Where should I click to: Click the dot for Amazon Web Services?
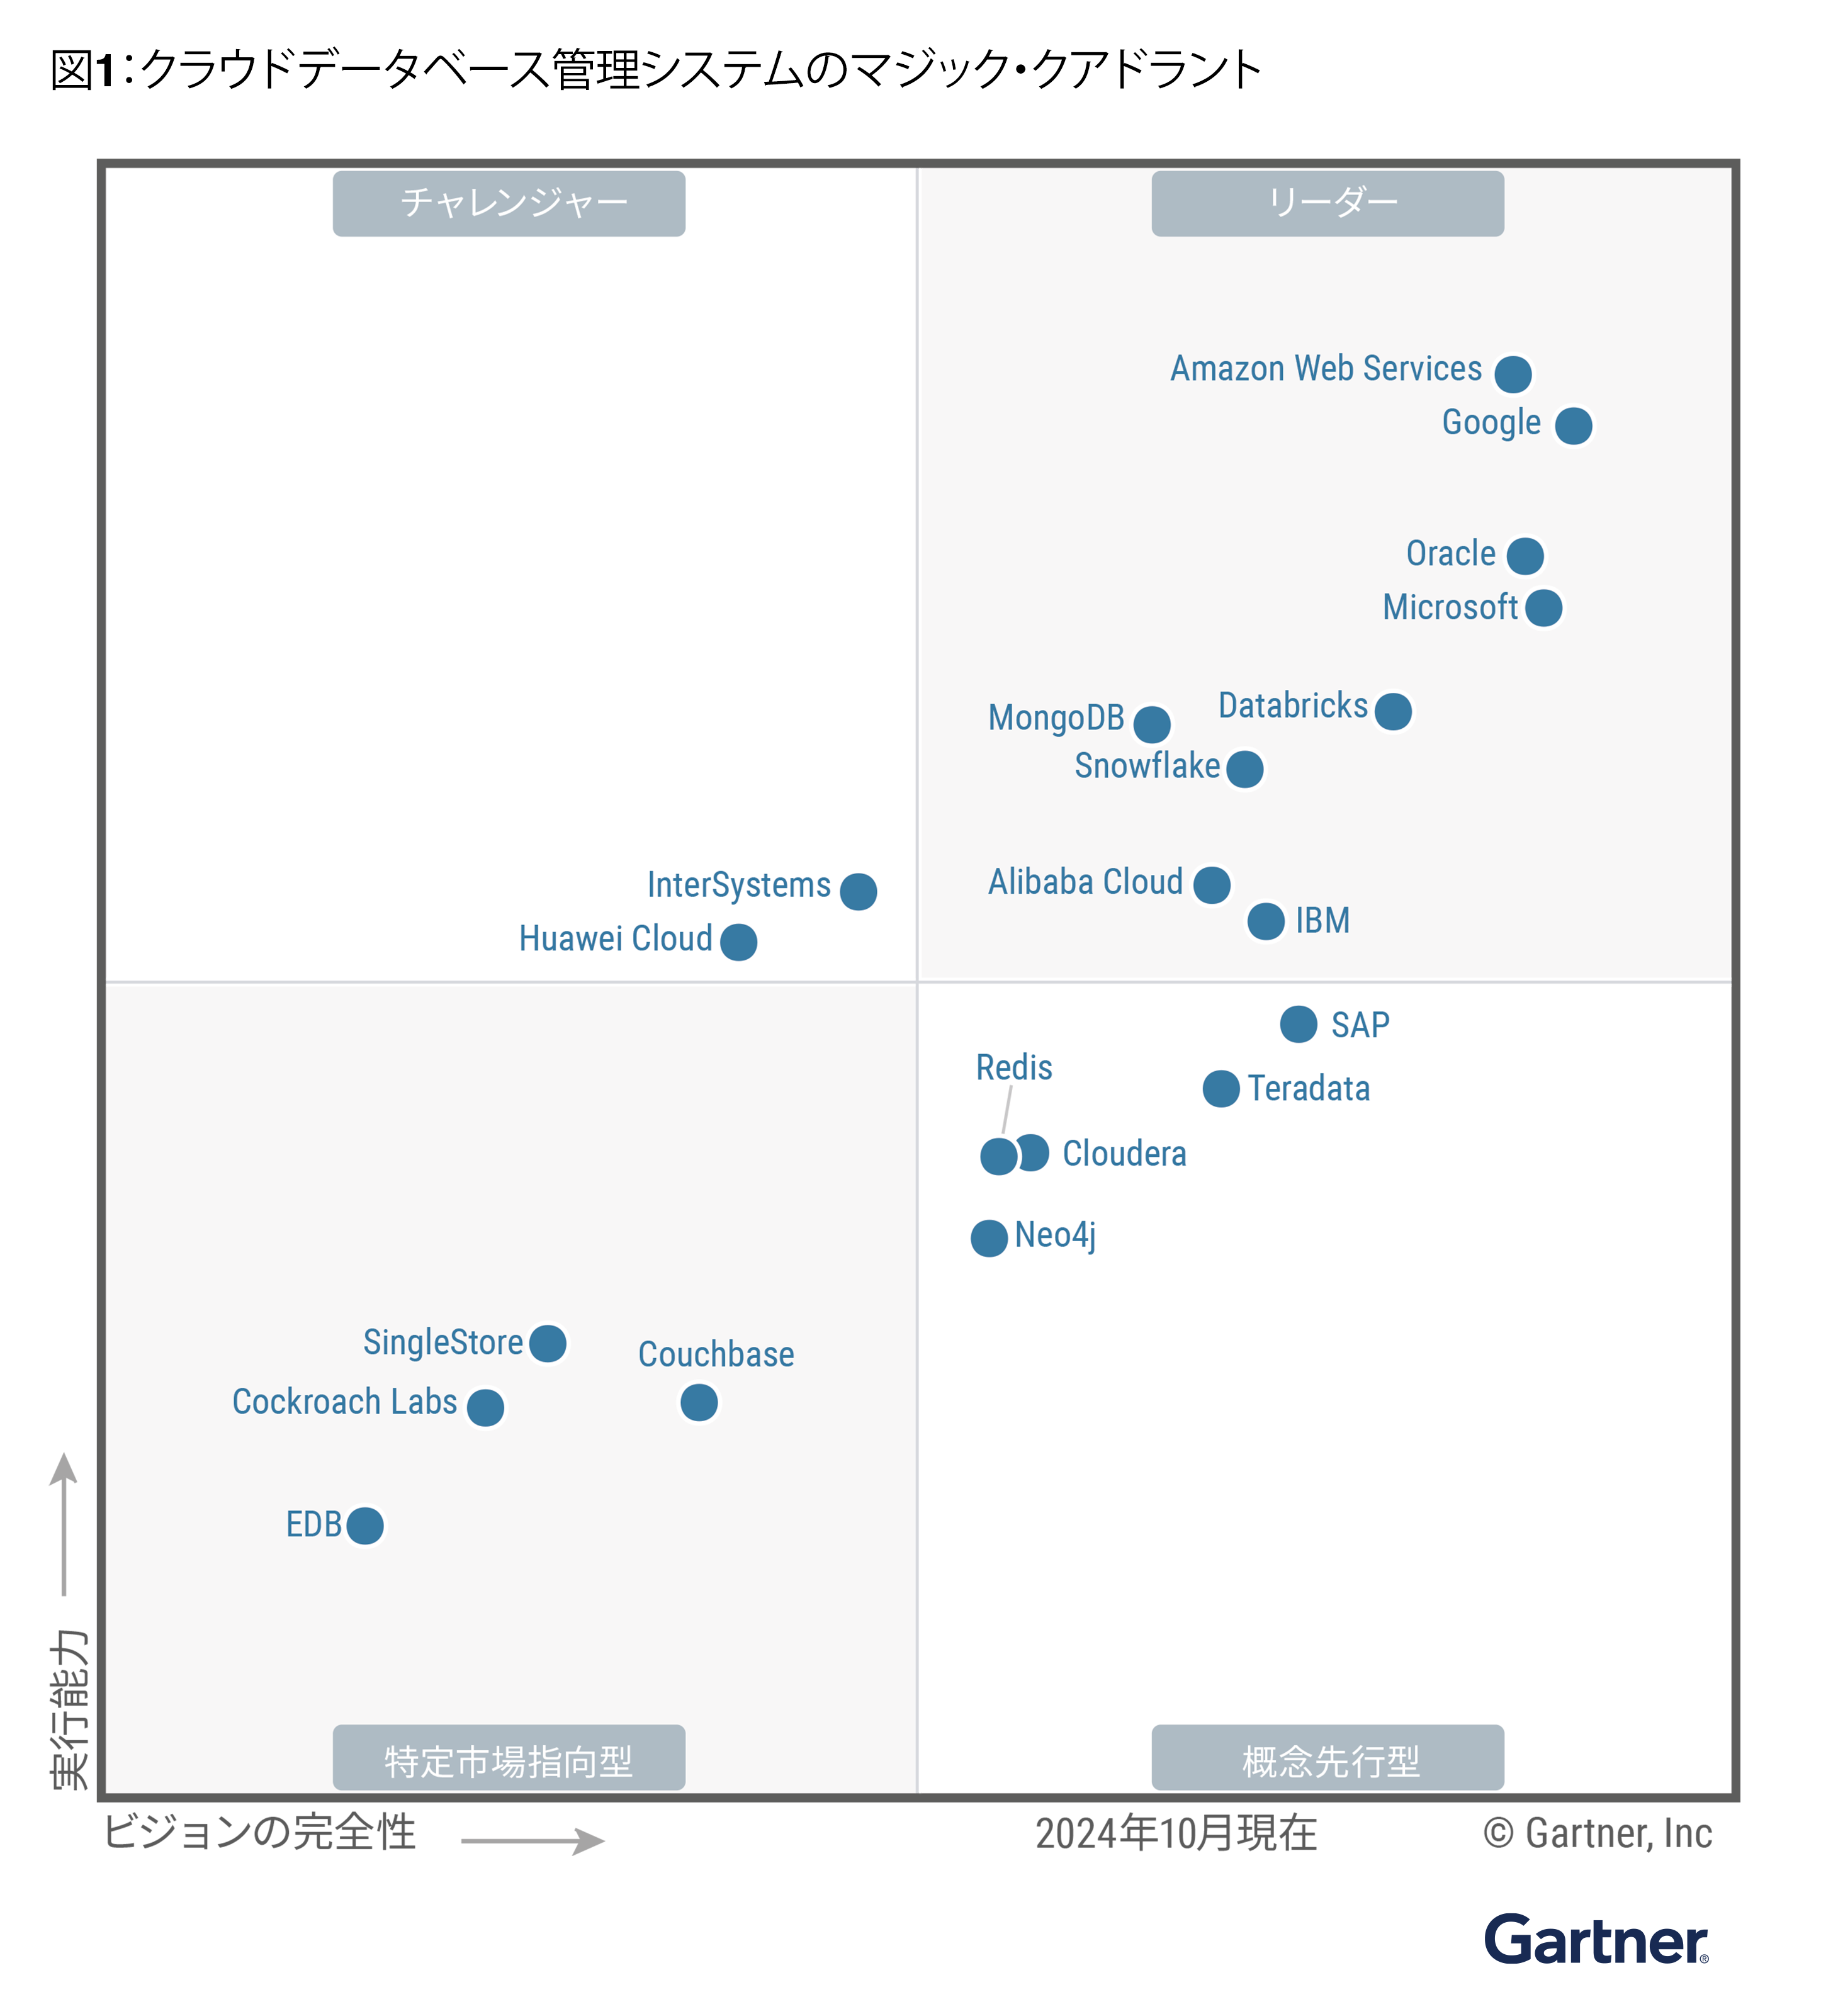pos(1513,374)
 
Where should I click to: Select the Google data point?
pos(1572,425)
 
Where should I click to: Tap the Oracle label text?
pos(1450,553)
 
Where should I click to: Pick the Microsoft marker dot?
pos(1543,607)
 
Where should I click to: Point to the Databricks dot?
pos(1392,711)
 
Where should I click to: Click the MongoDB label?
pos(1055,717)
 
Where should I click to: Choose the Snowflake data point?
pos(1244,768)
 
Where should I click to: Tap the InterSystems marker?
pos(857,890)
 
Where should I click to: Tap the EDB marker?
pos(364,1524)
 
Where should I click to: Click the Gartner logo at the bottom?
pos(1594,1940)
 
